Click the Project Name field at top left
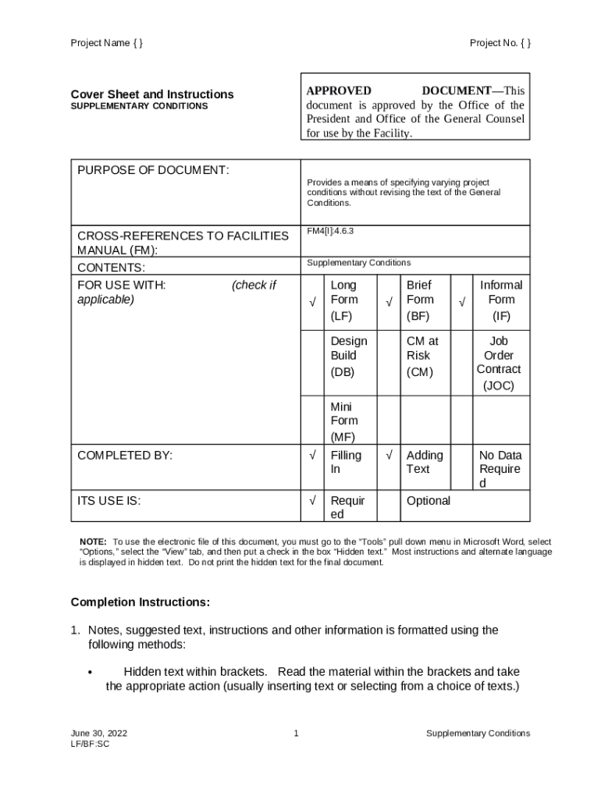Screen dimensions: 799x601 tap(107, 43)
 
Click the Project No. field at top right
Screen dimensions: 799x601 tap(500, 43)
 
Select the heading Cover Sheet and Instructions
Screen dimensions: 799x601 tap(152, 94)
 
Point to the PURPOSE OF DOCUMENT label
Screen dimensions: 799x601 tap(153, 170)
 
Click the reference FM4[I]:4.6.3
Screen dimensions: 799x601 tap(331, 231)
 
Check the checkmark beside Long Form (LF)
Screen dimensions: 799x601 tap(312, 302)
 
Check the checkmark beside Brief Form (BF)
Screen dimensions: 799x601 tap(388, 302)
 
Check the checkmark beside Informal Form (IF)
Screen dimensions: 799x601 tap(462, 302)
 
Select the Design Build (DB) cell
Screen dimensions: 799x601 tap(348, 356)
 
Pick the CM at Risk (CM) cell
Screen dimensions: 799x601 tap(422, 356)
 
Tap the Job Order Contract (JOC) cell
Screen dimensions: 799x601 tap(499, 363)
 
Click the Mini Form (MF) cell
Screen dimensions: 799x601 tap(344, 421)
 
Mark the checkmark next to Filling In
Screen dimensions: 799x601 tap(312, 454)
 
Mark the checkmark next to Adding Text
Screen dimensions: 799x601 tap(388, 454)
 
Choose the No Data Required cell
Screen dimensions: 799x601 tap(500, 468)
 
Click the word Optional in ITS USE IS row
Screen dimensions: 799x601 tap(429, 501)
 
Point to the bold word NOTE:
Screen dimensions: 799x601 tap(94, 542)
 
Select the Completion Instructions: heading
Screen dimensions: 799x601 tap(140, 602)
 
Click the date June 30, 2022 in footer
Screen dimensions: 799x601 tap(99, 733)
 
